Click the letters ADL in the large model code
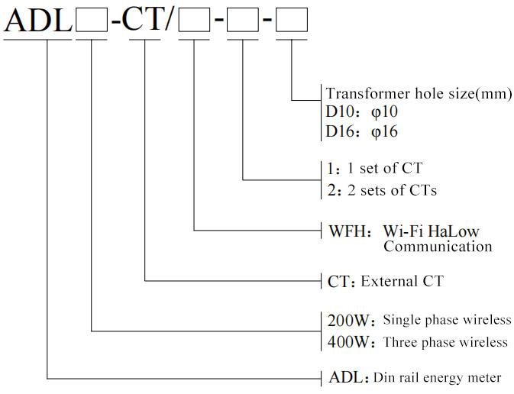click(x=38, y=20)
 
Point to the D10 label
click(x=340, y=112)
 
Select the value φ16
click(x=384, y=131)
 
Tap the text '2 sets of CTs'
click(x=392, y=190)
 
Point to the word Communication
click(x=438, y=247)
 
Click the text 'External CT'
click(x=402, y=282)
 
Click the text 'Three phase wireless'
click(x=445, y=342)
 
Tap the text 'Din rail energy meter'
click(x=437, y=377)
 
